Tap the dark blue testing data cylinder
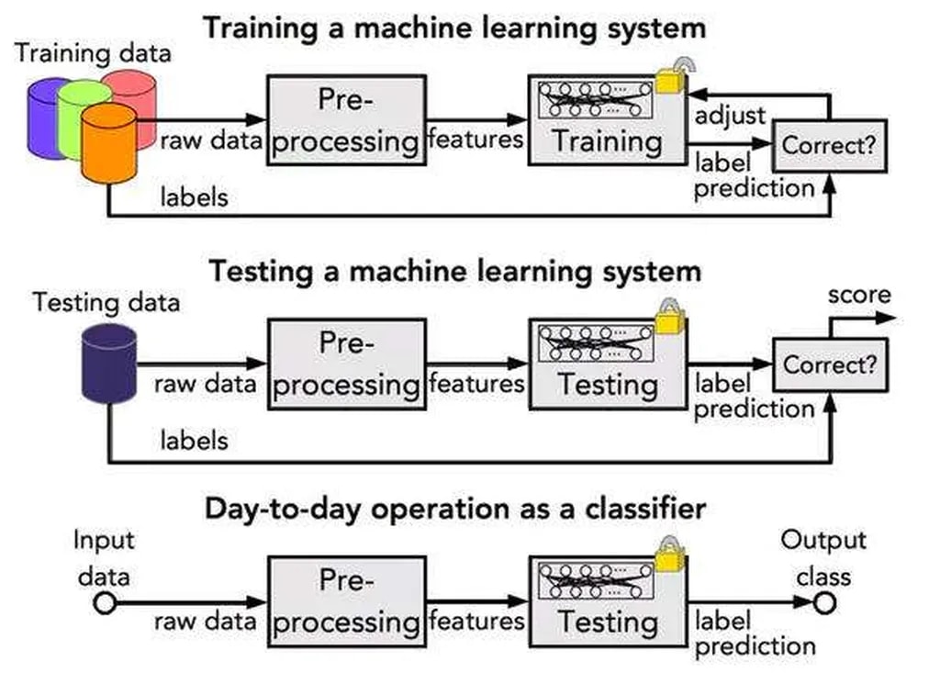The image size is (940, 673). pyautogui.click(x=108, y=364)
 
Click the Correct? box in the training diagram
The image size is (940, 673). pyautogui.click(x=829, y=145)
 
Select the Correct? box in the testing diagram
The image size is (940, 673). pyautogui.click(x=829, y=365)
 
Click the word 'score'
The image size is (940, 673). pyautogui.click(x=859, y=295)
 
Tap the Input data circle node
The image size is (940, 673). pyautogui.click(x=104, y=602)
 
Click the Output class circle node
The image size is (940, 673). pyautogui.click(x=823, y=602)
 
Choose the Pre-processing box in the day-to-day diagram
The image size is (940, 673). pyautogui.click(x=346, y=601)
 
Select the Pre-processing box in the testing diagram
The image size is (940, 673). pyautogui.click(x=346, y=364)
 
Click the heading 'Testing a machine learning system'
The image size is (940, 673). pyautogui.click(x=454, y=271)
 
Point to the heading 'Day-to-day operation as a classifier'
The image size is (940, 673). pyautogui.click(x=454, y=508)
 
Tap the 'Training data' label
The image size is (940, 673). pyautogui.click(x=92, y=52)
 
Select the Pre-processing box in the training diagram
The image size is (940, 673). pyautogui.click(x=346, y=120)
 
